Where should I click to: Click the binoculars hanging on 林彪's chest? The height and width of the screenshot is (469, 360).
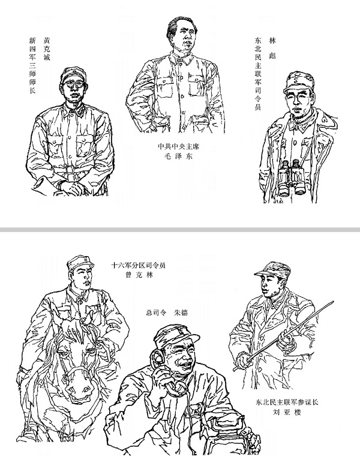[292, 178]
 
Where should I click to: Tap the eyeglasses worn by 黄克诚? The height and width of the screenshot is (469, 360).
[73, 85]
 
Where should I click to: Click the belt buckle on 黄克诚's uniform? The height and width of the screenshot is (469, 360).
[70, 170]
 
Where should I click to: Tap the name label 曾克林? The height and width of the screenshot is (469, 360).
[139, 275]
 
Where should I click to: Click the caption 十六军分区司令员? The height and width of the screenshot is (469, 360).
[139, 265]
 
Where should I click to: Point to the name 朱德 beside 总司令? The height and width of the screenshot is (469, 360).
[181, 313]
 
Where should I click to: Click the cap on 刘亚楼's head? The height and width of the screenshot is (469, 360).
[272, 269]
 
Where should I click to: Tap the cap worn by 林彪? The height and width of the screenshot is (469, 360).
[298, 82]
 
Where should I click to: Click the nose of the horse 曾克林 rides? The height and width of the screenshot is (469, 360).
[79, 387]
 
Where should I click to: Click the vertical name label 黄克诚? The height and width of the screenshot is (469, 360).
[47, 49]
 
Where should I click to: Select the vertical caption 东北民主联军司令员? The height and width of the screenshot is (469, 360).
[258, 74]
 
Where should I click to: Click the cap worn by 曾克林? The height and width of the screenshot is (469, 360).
[79, 263]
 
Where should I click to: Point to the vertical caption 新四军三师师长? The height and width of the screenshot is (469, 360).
[32, 65]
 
